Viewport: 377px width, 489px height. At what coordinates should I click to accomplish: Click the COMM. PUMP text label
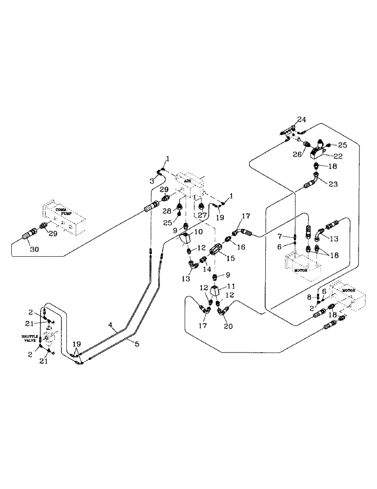pos(63,211)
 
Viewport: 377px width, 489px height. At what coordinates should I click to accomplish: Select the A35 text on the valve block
pos(187,180)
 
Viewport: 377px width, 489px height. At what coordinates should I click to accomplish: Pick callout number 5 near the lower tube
pos(136,344)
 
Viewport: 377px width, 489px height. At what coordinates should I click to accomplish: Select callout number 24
pos(302,119)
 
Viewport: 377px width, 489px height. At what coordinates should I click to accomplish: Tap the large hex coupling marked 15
pos(215,251)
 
